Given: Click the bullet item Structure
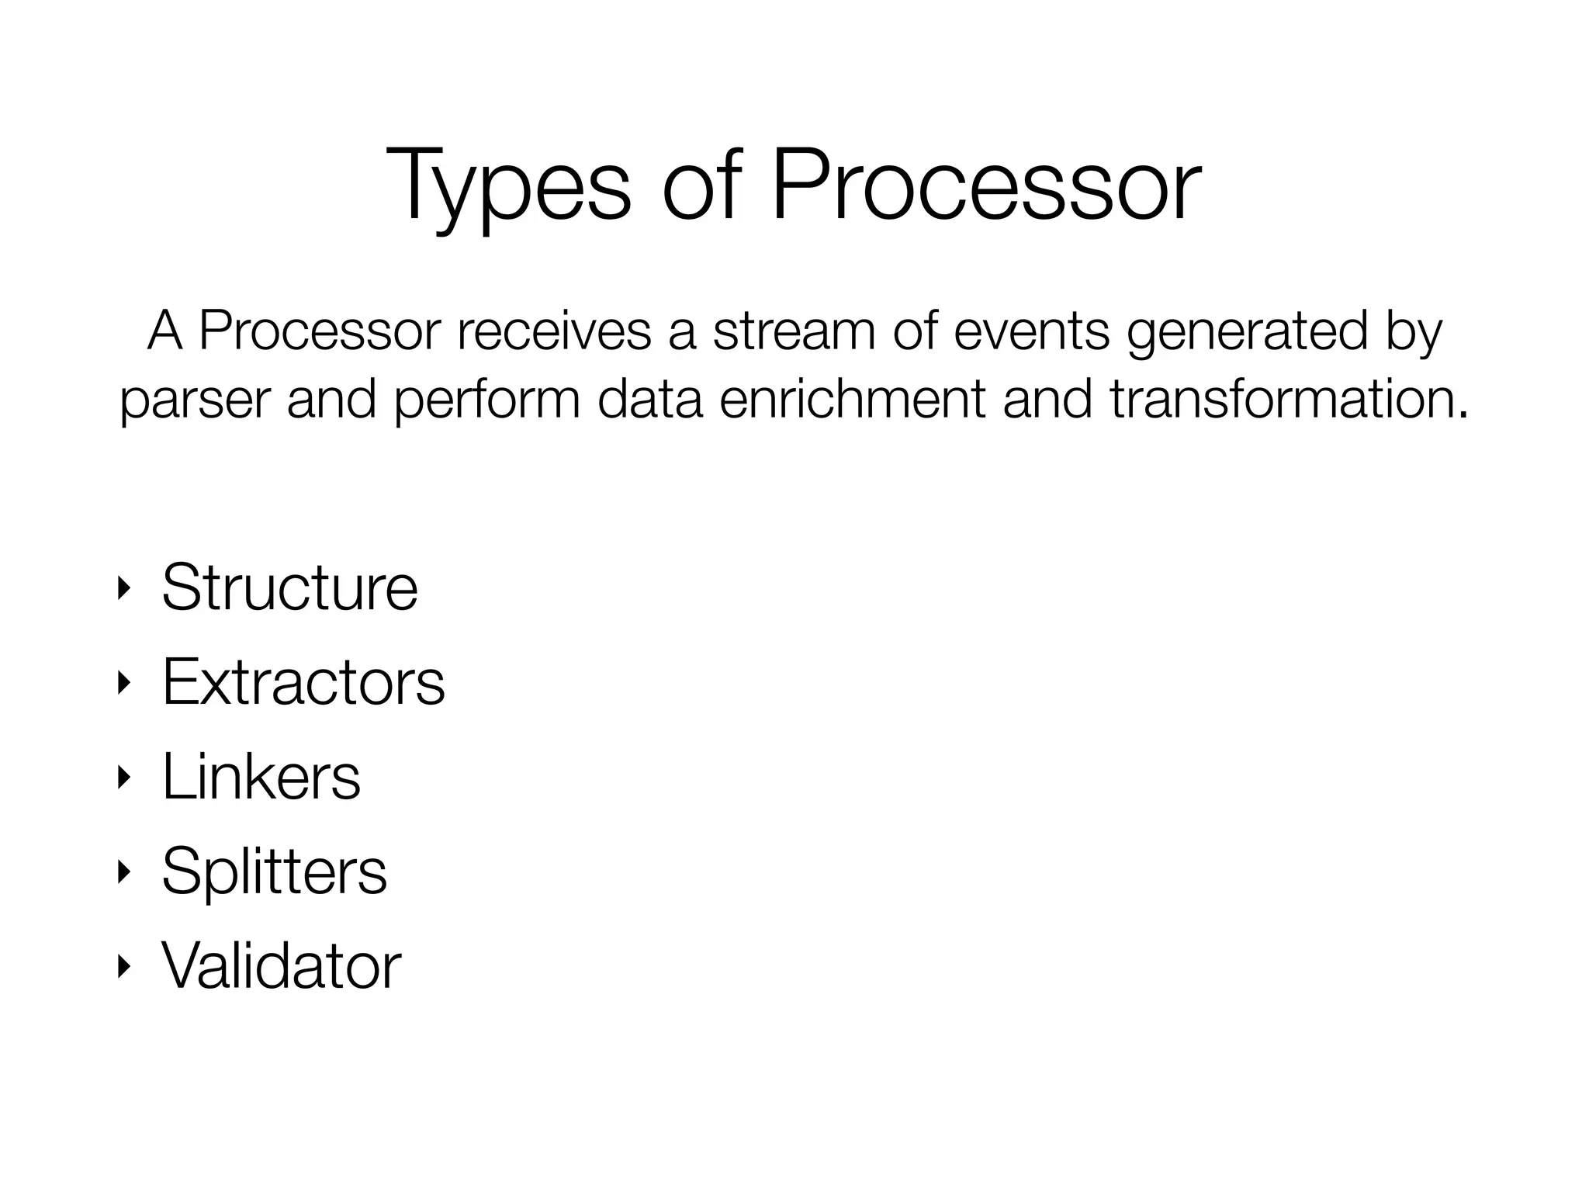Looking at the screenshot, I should (x=289, y=587).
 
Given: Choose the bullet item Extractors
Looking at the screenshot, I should (x=303, y=682).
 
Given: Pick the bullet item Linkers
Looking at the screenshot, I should (x=261, y=777).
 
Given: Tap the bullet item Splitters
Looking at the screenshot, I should (x=274, y=871).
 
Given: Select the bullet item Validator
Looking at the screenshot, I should (x=281, y=966).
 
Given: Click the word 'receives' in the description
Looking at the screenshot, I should (x=554, y=331).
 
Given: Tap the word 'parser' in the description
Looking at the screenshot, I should (x=196, y=401).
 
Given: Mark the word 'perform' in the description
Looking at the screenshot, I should (x=487, y=401).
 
